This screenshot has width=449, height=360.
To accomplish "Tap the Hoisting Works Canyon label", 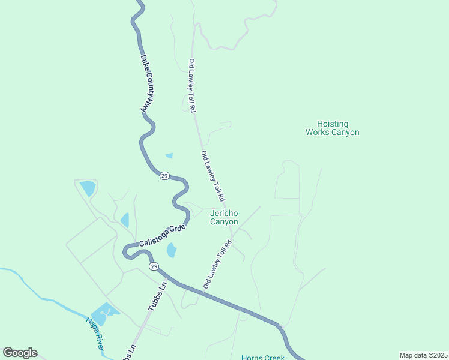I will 332,127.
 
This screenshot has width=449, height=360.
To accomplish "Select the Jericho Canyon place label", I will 224,217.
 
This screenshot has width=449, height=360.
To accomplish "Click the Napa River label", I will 95,334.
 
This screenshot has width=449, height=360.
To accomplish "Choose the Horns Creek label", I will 262,358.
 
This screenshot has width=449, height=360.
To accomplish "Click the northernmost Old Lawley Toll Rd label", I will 192,86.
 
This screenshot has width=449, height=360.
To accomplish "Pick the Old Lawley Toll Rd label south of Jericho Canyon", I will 217,265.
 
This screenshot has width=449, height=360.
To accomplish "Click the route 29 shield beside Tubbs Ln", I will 154,266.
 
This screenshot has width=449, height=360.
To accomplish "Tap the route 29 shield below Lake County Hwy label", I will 164,176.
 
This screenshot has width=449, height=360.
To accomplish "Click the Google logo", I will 20,353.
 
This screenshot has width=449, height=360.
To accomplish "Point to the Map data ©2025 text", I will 423,355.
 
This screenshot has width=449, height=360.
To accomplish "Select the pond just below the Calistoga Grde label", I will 172,250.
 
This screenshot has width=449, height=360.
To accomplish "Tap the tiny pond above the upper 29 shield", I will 169,155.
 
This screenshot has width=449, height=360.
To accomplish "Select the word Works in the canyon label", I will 318,132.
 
